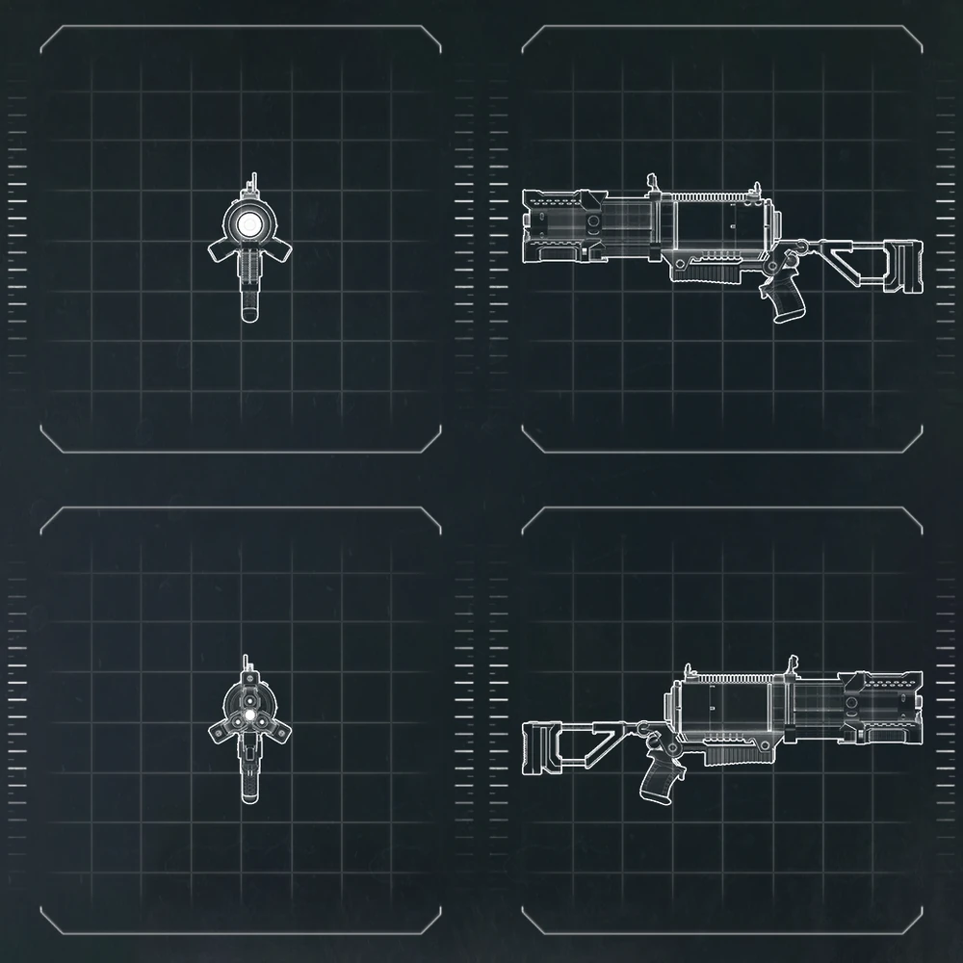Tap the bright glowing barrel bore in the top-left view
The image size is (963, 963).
[250, 224]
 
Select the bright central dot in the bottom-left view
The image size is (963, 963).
[249, 716]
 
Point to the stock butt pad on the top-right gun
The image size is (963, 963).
[906, 264]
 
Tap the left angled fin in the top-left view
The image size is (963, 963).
[223, 250]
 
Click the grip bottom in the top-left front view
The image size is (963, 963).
[250, 313]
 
